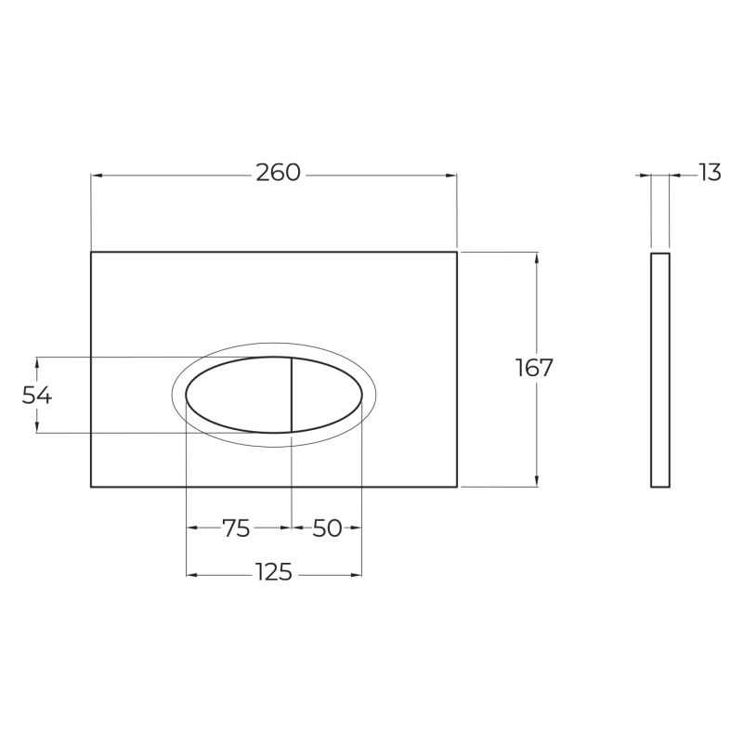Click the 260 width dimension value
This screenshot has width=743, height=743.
pyautogui.click(x=278, y=173)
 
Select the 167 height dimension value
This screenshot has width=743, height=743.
pyautogui.click(x=534, y=367)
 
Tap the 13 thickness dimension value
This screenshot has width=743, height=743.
pyautogui.click(x=710, y=173)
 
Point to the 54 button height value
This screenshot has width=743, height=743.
pyautogui.click(x=36, y=395)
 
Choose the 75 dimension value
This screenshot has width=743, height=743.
pyautogui.click(x=236, y=528)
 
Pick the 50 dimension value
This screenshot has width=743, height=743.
pyautogui.click(x=327, y=528)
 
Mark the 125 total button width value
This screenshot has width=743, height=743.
pyautogui.click(x=274, y=572)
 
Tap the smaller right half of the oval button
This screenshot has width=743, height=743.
pyautogui.click(x=327, y=395)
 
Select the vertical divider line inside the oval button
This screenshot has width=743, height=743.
pyautogui.click(x=291, y=395)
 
